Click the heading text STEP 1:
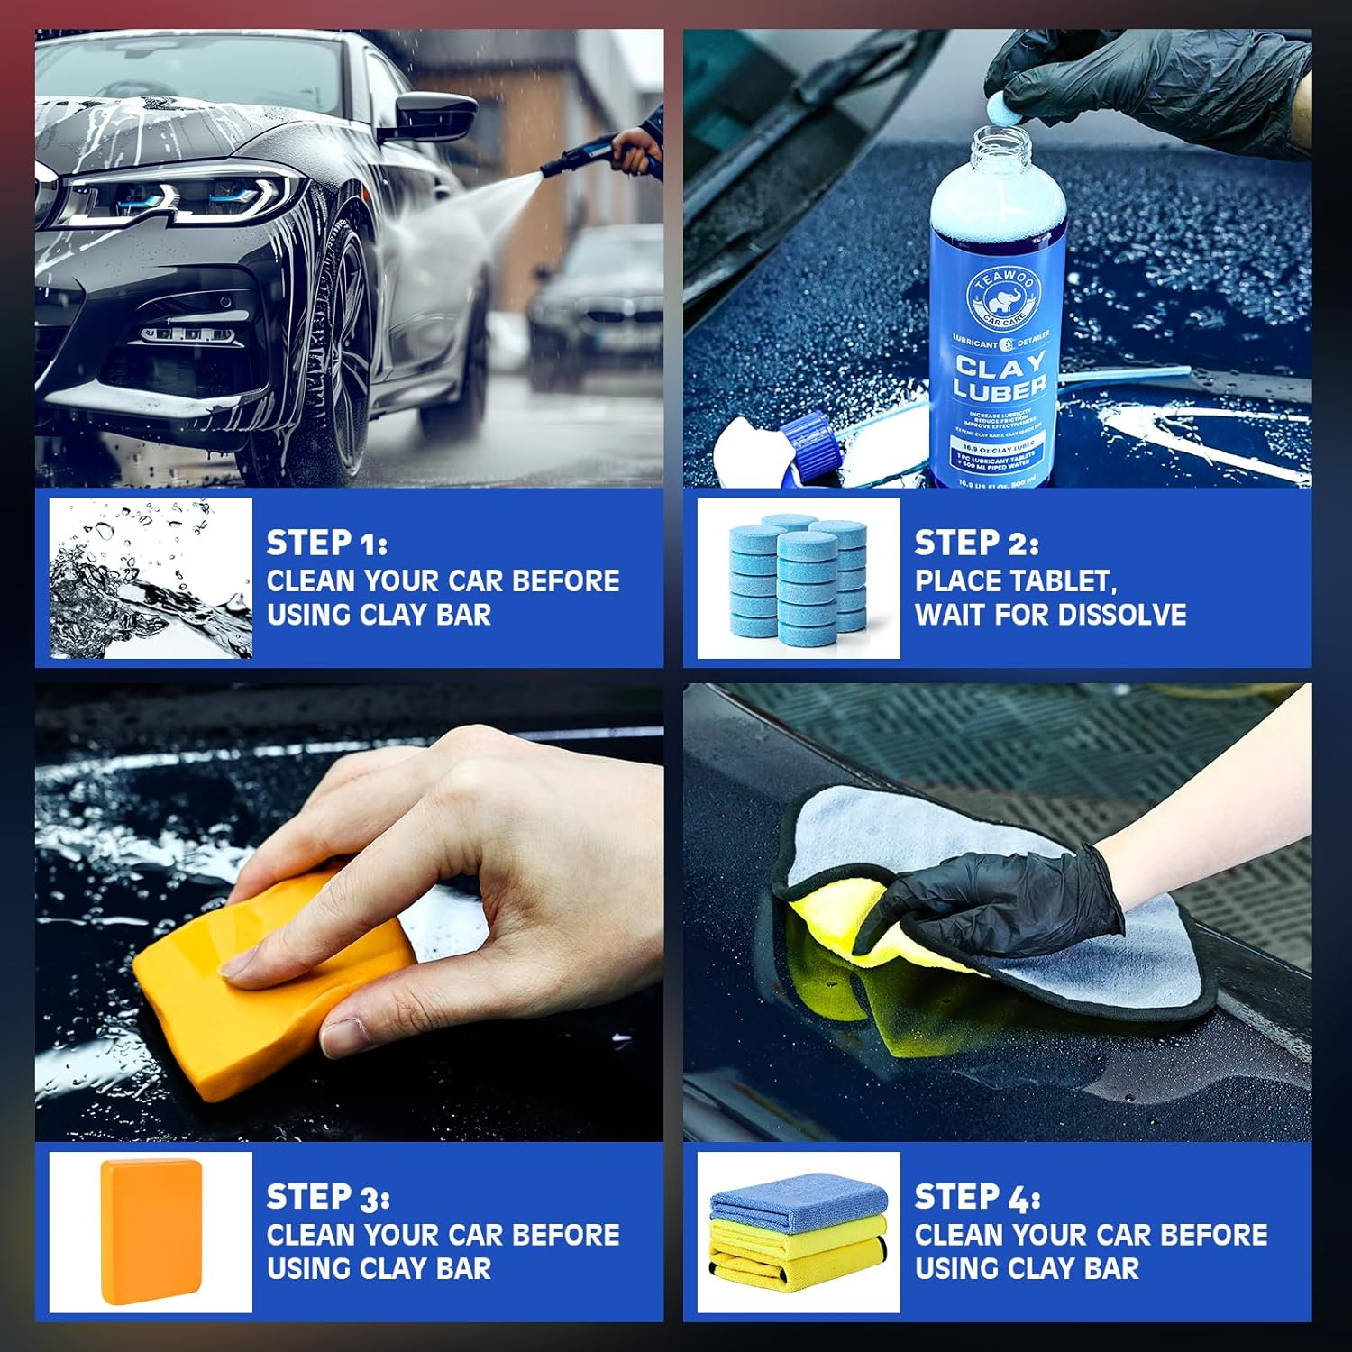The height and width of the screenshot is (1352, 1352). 326,544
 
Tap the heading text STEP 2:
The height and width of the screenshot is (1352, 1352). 976,544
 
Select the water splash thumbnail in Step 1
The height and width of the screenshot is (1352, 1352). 151,579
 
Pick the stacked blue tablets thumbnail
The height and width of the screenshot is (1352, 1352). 799,579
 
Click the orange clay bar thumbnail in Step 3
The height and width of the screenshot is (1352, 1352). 151,1231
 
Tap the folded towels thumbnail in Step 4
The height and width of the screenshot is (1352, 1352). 799,1231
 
